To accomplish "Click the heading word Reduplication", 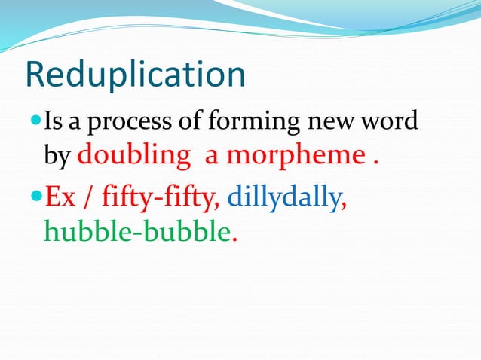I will click(136, 75).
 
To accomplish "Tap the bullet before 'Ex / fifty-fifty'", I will click(35, 197).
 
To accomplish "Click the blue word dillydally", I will click(283, 198).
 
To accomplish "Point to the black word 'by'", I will click(57, 158).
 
